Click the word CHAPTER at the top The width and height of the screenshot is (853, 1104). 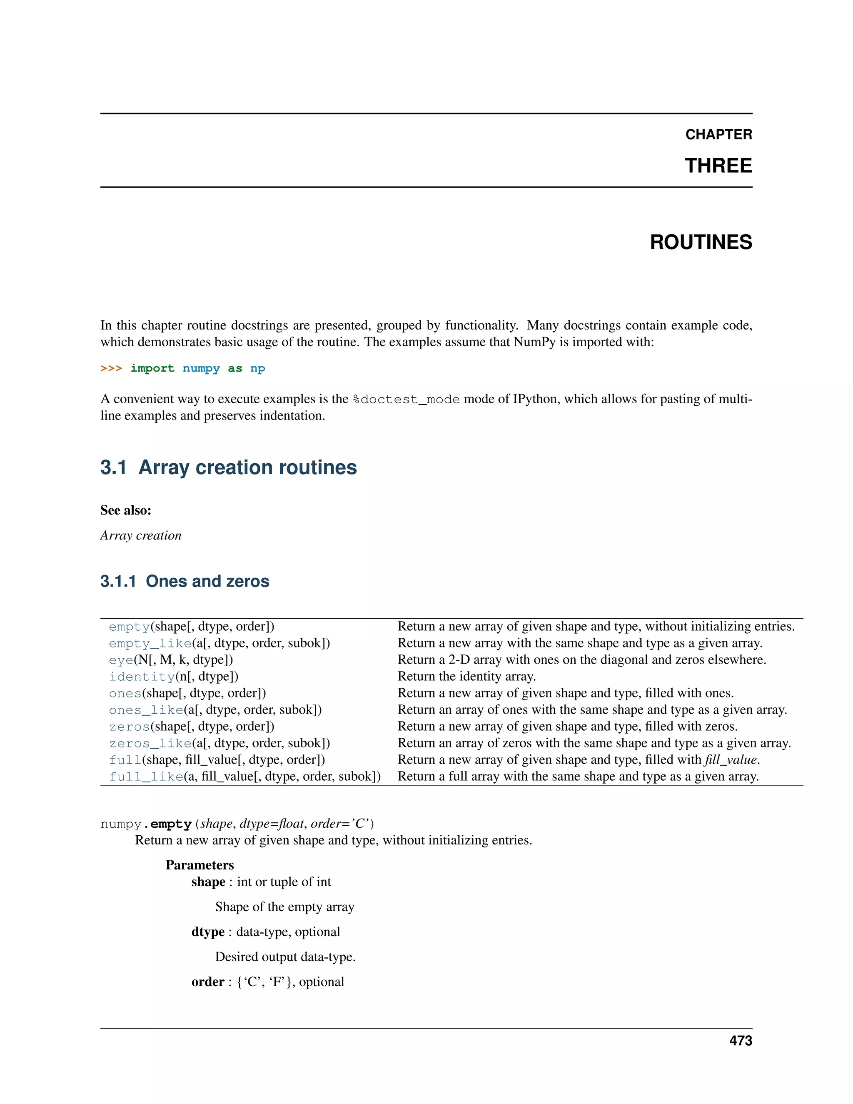[718, 135]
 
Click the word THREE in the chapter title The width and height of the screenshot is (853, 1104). [718, 166]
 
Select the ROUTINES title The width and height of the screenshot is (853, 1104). [701, 242]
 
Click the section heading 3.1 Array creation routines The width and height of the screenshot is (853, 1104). [228, 467]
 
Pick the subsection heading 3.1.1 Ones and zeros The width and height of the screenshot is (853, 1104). [185, 581]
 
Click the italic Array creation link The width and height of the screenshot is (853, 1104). [140, 535]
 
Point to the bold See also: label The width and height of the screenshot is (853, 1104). [125, 510]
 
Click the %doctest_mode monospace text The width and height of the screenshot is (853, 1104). [406, 400]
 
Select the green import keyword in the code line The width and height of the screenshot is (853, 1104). [152, 369]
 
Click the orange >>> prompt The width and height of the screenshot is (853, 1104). [111, 369]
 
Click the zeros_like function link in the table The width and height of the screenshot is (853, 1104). [150, 744]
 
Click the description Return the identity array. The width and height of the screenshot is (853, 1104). [466, 676]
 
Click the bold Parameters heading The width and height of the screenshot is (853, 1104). [200, 865]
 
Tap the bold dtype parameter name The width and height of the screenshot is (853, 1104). [208, 932]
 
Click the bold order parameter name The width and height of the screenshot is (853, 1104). [208, 982]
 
